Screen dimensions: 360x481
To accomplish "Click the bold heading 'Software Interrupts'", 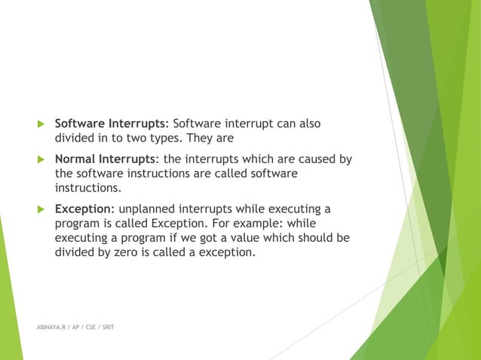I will [x=112, y=124].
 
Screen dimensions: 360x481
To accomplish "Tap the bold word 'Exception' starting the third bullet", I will [x=83, y=209].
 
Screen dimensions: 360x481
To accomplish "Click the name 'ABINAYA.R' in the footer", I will [x=51, y=329].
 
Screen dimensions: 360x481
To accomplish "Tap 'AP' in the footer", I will [x=77, y=329].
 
